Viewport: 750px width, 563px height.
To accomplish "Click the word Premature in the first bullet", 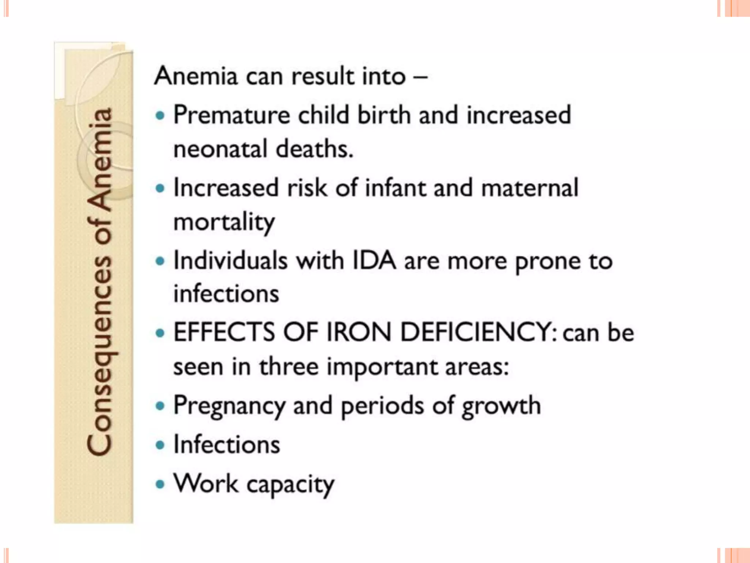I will [x=231, y=115].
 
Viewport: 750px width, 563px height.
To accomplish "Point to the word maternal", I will [x=530, y=188].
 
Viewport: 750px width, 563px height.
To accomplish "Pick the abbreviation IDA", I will [x=374, y=261].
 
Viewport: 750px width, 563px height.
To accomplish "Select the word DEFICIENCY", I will [x=479, y=332].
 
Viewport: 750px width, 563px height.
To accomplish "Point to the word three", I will [x=289, y=367].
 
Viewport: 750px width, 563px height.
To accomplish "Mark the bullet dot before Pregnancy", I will [x=160, y=406].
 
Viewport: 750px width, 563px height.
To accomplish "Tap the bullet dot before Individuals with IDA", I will [x=160, y=261].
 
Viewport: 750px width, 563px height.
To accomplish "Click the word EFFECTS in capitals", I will [x=224, y=332].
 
